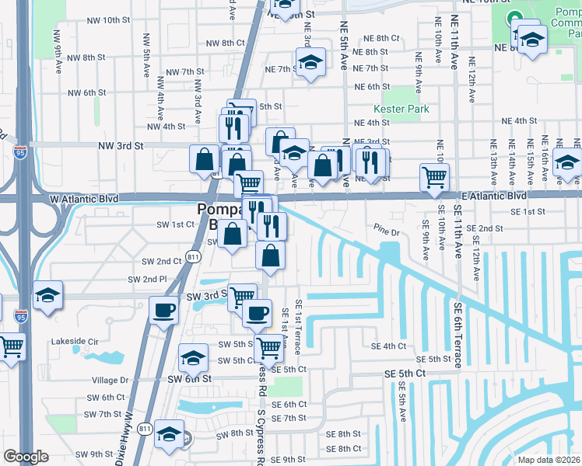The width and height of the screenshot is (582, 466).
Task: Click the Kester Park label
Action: click(401, 110)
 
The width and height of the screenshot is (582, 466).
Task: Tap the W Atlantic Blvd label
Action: click(84, 199)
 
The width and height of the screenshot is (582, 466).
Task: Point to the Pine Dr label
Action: click(386, 231)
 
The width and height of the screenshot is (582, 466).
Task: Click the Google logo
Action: click(26, 457)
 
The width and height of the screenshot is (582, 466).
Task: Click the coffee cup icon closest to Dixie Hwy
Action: click(163, 309)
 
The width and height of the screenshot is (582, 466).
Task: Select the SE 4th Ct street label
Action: click(389, 346)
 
